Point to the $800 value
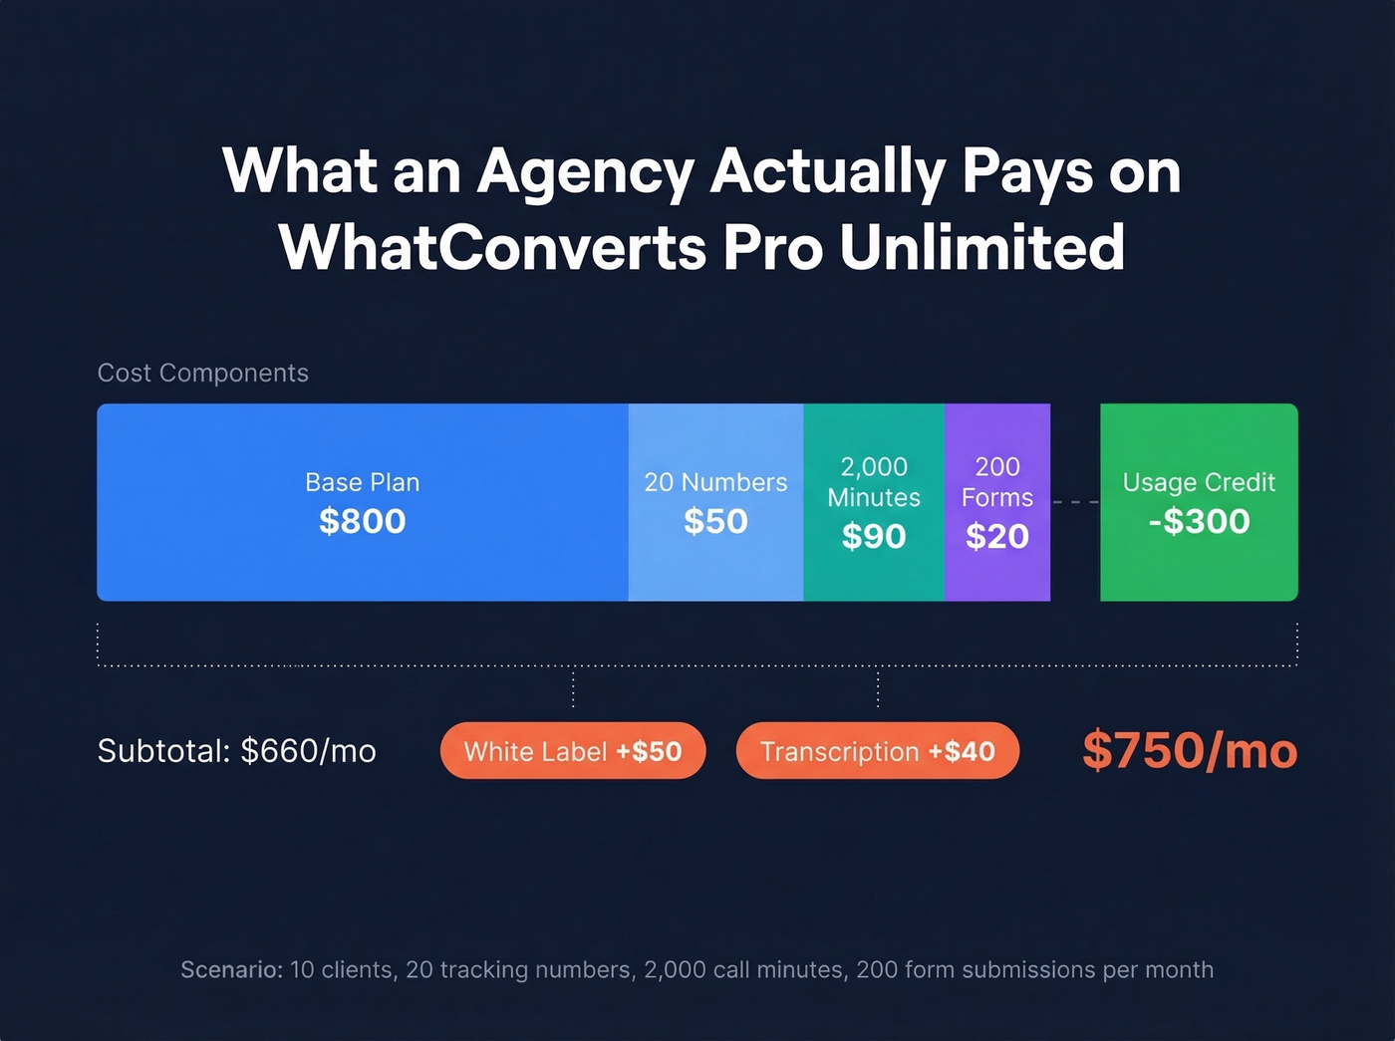(362, 521)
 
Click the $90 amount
(874, 536)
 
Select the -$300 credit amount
(1199, 521)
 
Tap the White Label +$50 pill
(573, 751)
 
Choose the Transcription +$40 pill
(877, 751)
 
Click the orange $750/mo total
(1190, 750)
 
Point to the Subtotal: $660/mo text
(237, 751)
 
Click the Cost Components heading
(202, 373)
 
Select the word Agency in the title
(585, 171)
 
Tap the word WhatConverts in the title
(492, 247)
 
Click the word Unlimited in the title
(981, 247)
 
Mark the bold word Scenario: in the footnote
(232, 969)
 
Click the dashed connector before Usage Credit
(1075, 502)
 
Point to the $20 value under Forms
(997, 536)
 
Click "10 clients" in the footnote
(341, 969)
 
